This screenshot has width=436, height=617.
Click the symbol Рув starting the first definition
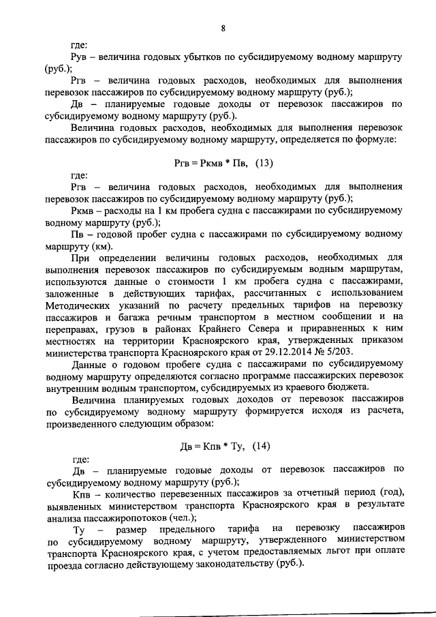point(80,57)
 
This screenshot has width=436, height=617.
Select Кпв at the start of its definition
point(81,492)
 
